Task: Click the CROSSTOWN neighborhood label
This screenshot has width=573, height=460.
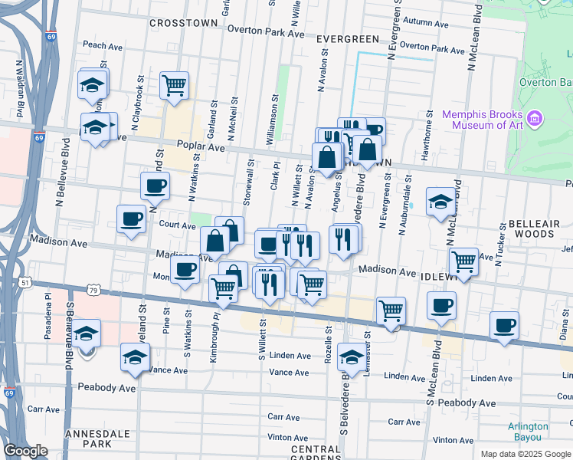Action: tap(183, 24)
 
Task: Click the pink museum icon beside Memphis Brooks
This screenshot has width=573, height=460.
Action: tap(535, 119)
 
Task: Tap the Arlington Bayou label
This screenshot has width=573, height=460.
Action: tap(528, 432)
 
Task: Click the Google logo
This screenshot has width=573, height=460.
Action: tap(26, 451)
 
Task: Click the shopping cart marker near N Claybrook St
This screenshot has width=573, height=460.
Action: tap(175, 85)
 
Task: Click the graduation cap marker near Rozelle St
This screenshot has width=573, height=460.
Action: tap(352, 357)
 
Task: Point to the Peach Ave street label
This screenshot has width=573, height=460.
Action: tap(103, 45)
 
